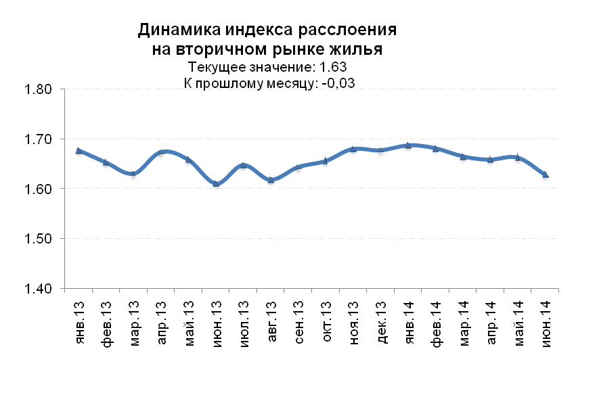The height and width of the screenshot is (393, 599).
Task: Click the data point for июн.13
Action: click(216, 183)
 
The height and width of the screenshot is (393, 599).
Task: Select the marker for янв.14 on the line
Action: click(408, 145)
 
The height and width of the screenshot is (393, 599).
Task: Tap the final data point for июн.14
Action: click(545, 175)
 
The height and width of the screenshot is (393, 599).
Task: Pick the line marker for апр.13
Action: click(161, 152)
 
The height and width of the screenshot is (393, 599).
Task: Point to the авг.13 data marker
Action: click(271, 180)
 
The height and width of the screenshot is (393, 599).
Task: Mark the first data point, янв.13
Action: click(79, 151)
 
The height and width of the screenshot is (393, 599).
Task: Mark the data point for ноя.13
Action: click(353, 149)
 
